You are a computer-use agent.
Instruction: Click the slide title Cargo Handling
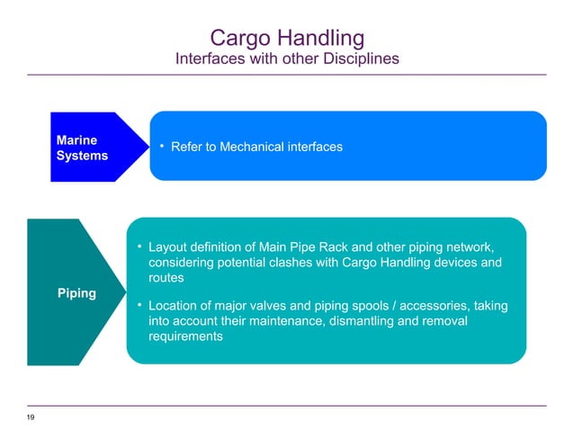pyautogui.click(x=286, y=38)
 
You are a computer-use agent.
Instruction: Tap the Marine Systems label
pyautogui.click(x=82, y=148)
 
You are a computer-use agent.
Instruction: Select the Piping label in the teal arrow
pyautogui.click(x=77, y=294)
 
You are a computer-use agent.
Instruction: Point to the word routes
pyautogui.click(x=168, y=279)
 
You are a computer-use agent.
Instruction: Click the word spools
pyautogui.click(x=363, y=306)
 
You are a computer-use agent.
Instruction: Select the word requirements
pyautogui.click(x=185, y=337)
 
